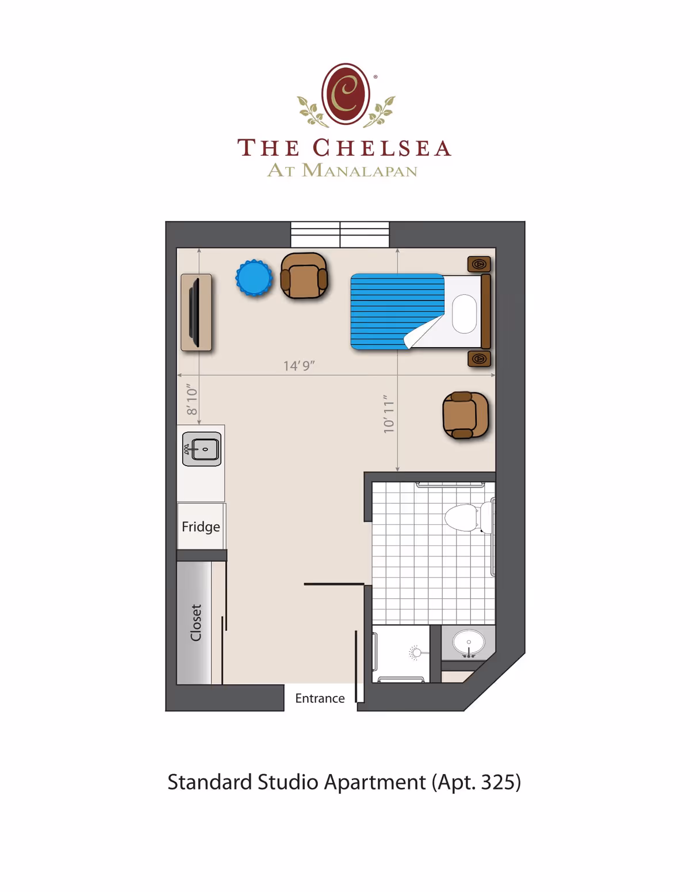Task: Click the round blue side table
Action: click(x=254, y=278)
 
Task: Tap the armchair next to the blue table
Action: click(x=304, y=276)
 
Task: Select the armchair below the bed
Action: click(x=465, y=415)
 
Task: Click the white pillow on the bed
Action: click(x=464, y=314)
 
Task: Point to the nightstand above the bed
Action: click(x=479, y=264)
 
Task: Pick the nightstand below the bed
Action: click(x=479, y=359)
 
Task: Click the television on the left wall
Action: click(x=196, y=312)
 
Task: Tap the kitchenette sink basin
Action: click(x=204, y=449)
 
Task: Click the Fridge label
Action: click(x=201, y=526)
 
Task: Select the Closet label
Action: click(x=196, y=622)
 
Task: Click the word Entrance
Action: click(x=320, y=698)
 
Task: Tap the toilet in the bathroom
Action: click(x=463, y=517)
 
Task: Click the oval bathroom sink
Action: click(x=469, y=642)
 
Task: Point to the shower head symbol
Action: click(x=416, y=652)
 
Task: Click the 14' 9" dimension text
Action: click(x=299, y=366)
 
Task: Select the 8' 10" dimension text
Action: click(x=192, y=401)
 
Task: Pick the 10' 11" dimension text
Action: click(x=389, y=414)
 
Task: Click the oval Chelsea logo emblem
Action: click(x=346, y=94)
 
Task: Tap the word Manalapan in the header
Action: click(x=359, y=171)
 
